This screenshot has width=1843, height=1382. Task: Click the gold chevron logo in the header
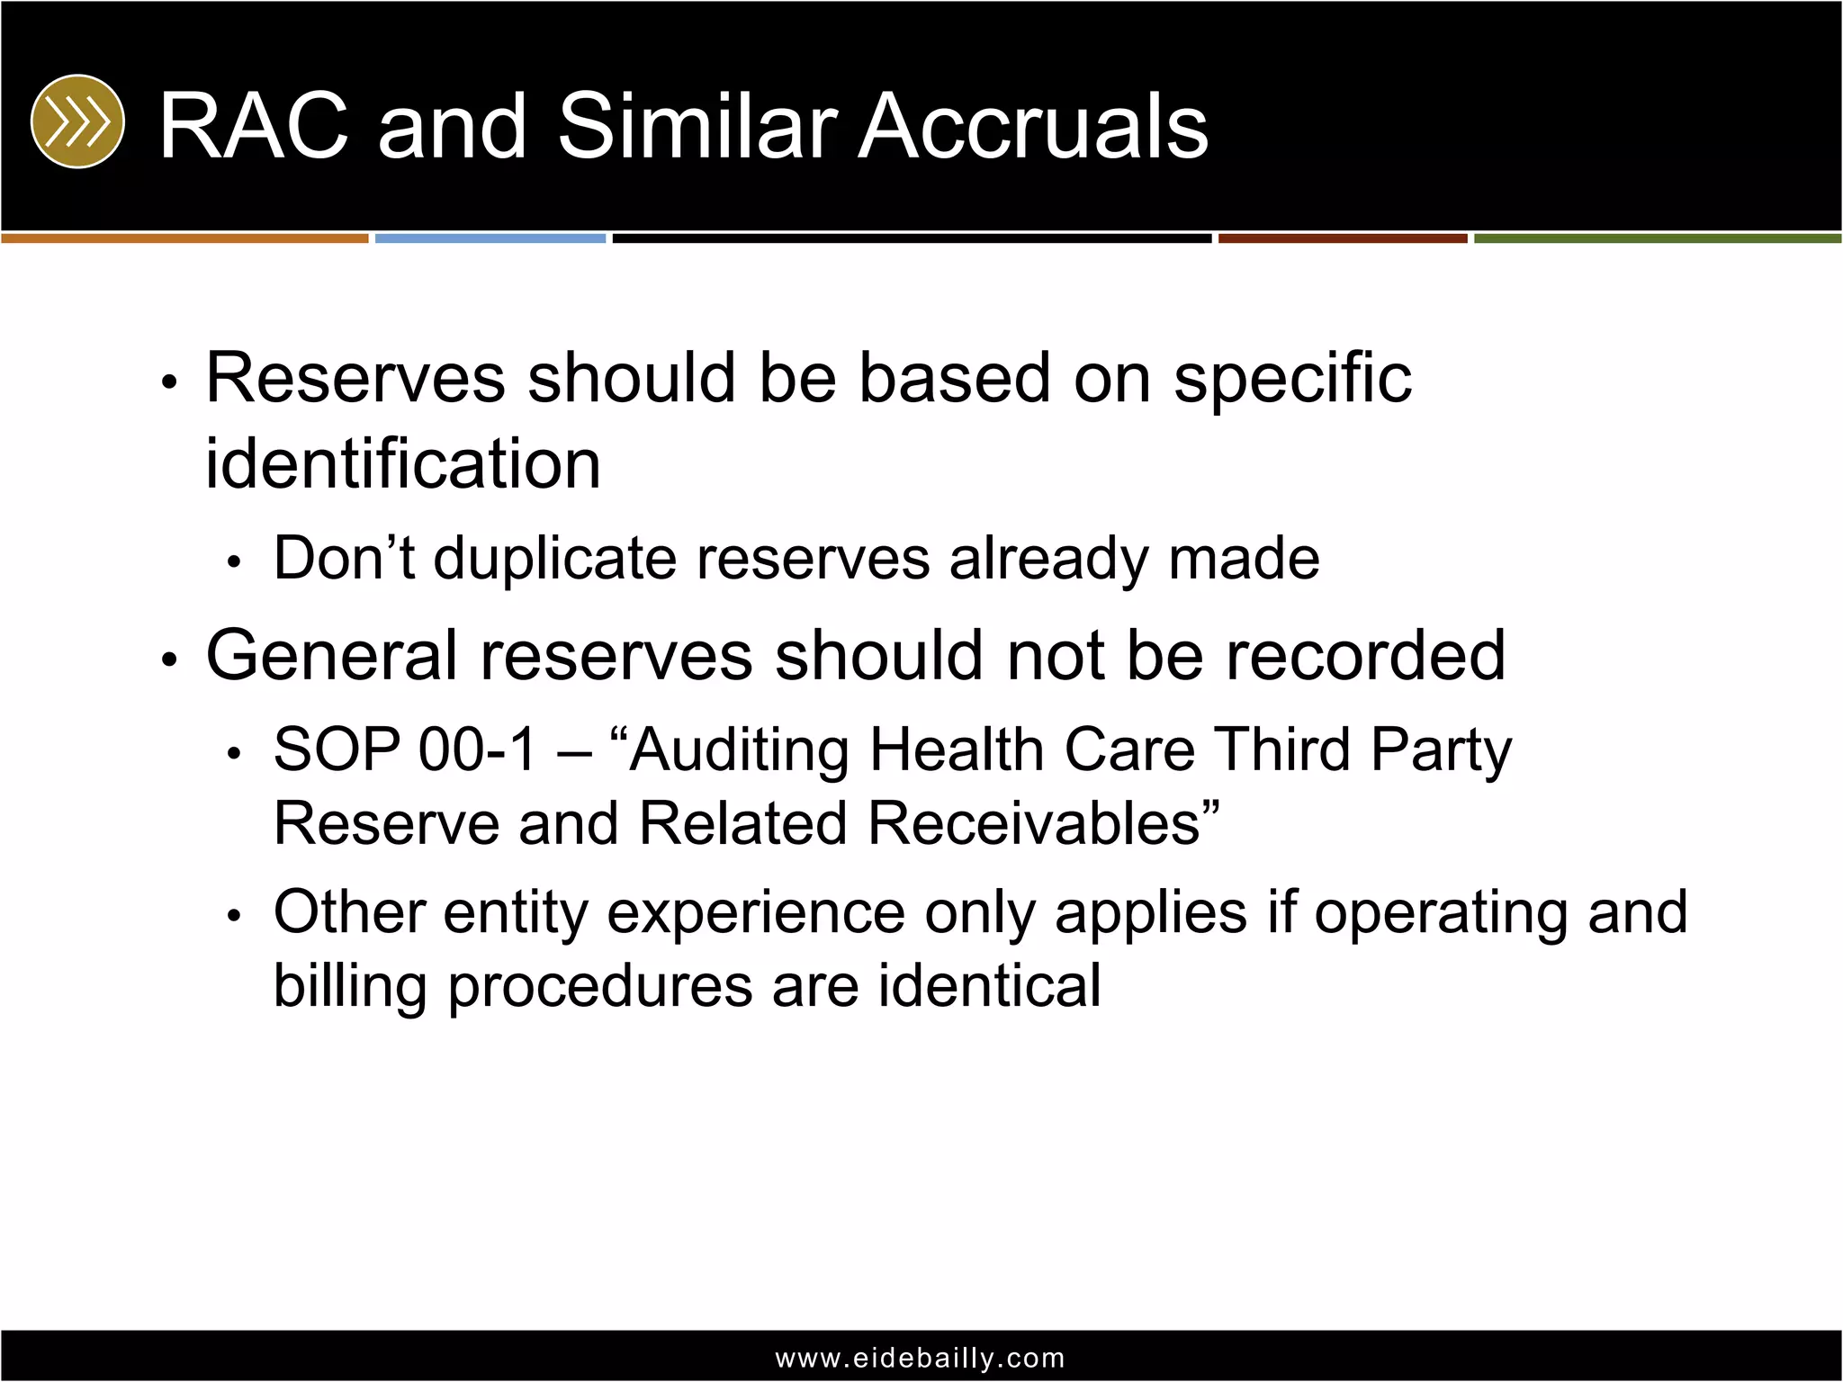click(77, 121)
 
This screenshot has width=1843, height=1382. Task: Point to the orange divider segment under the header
click(184, 238)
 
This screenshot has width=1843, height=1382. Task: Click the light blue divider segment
click(490, 238)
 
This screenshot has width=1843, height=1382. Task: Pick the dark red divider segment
click(1343, 238)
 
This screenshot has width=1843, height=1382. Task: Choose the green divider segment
click(1658, 238)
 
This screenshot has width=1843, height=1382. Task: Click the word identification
click(403, 464)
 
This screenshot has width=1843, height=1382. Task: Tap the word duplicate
click(554, 559)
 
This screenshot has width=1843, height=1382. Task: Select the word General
click(332, 655)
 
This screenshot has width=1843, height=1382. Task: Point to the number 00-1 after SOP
click(477, 749)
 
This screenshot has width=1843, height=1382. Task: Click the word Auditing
click(739, 749)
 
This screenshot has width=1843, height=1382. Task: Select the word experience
click(756, 912)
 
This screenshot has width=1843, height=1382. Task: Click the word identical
click(989, 986)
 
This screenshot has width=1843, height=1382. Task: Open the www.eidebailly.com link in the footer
click(921, 1358)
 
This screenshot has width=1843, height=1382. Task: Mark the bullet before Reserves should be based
click(169, 381)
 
